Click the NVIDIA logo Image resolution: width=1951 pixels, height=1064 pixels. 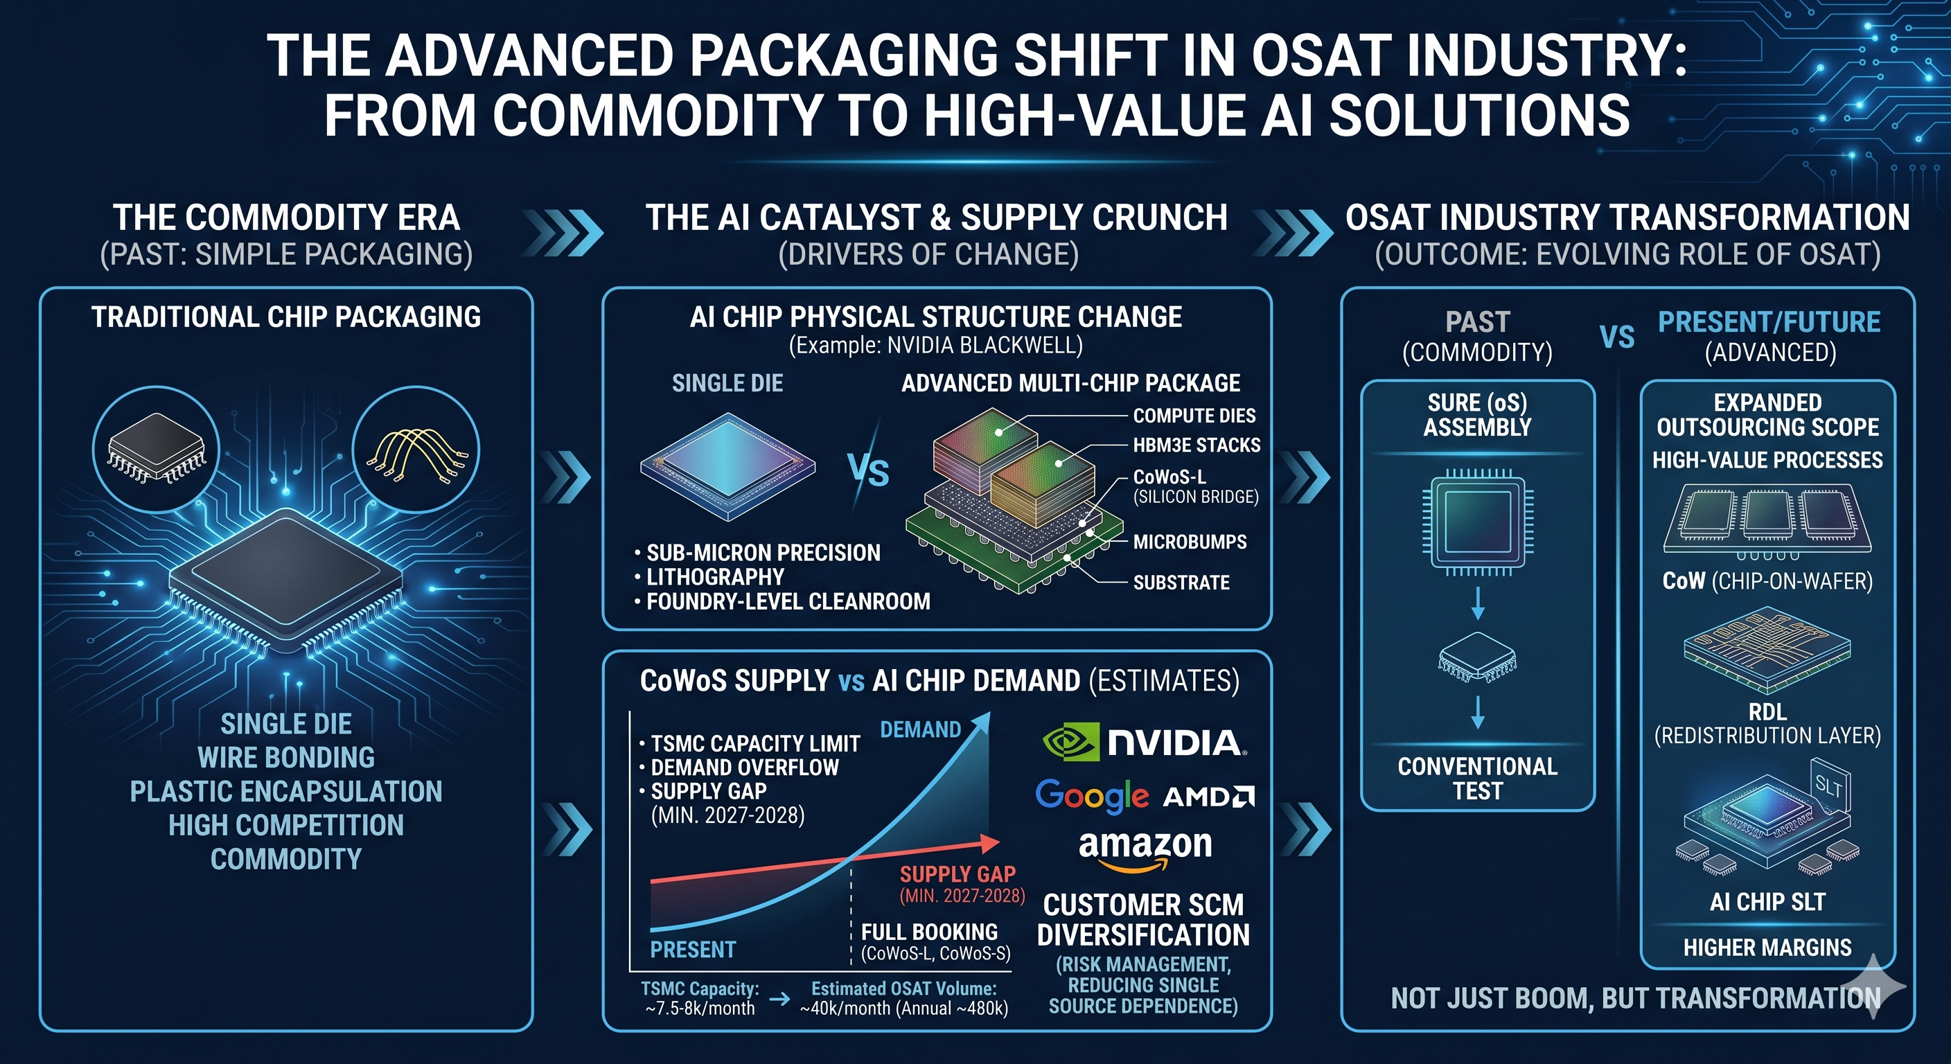[x=1145, y=742]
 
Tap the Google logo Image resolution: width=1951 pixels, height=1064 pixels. [x=1092, y=796]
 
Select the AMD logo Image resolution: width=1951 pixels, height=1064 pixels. [x=1209, y=797]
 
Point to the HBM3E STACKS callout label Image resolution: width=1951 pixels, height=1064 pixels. [x=1197, y=445]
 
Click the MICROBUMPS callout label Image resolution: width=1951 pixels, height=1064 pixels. [x=1190, y=542]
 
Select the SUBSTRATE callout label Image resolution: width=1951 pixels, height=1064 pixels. [x=1181, y=583]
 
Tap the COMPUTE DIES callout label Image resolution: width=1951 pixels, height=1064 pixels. [x=1194, y=416]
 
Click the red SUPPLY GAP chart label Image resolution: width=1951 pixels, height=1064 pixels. [x=957, y=875]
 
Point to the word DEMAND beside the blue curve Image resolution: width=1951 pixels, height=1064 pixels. [x=920, y=729]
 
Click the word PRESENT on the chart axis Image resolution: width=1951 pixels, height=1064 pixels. [x=693, y=950]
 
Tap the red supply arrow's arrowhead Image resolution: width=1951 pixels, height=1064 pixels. [x=989, y=843]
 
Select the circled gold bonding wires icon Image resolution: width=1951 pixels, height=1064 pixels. [x=416, y=449]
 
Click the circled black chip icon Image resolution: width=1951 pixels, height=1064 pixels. [x=156, y=449]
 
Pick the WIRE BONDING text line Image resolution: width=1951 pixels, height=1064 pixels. [x=286, y=757]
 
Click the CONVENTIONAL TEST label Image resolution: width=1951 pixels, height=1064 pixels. [x=1478, y=779]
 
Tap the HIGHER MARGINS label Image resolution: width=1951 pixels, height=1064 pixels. [x=1767, y=948]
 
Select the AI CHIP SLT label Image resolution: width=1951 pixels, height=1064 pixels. [x=1767, y=902]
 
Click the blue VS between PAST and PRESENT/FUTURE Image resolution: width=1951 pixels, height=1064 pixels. [x=1617, y=337]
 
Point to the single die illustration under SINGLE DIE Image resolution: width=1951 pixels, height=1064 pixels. [x=728, y=466]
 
